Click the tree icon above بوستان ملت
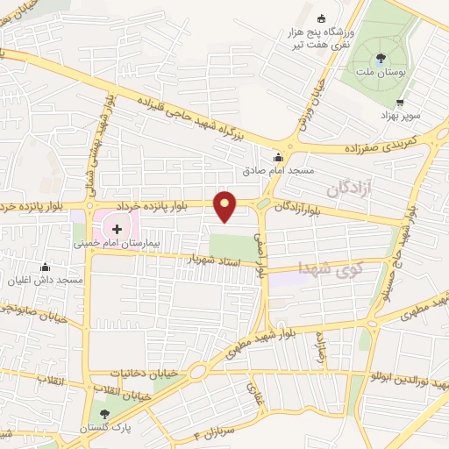tap(379, 60)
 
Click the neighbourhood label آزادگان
tap(346, 188)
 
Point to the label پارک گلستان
tap(110, 431)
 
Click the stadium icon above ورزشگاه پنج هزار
tap(320, 18)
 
